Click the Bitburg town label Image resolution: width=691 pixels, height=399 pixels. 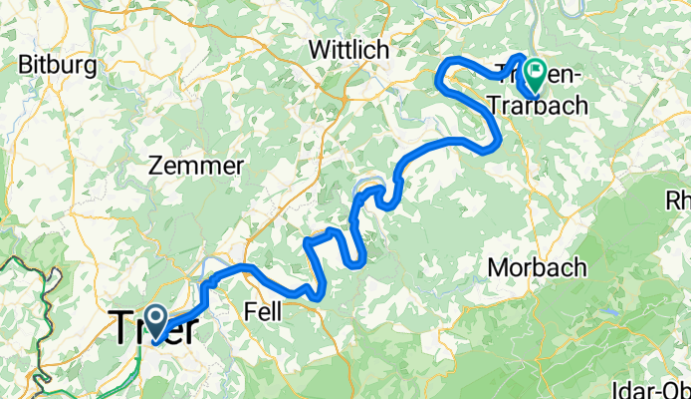[x=57, y=66]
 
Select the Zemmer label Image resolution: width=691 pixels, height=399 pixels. [x=195, y=166]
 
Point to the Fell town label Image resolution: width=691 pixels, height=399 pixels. [x=262, y=312]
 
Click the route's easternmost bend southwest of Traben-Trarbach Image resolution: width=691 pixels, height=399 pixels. [x=495, y=145]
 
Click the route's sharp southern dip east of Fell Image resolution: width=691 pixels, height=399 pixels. [x=317, y=293]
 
